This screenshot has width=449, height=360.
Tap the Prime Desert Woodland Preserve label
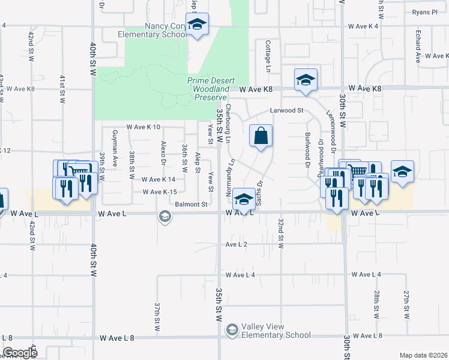pos(210,89)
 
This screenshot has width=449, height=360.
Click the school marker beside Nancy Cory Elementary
pos(197,25)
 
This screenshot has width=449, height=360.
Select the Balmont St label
pos(191,205)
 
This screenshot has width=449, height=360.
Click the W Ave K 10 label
pos(143,127)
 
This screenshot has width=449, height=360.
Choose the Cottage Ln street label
pos(267,54)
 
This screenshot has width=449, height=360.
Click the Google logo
pos(20,353)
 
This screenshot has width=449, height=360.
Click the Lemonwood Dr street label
pos(330,128)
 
